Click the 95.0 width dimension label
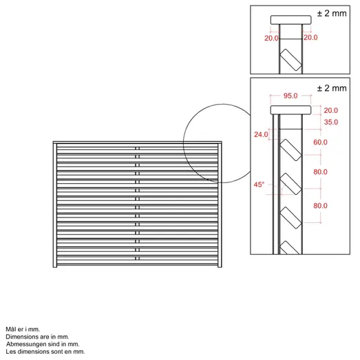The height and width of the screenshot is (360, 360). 290,96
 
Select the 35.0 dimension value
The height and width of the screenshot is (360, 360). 330,122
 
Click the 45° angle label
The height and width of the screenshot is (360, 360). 260,184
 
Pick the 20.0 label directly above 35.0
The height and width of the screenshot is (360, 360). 330,109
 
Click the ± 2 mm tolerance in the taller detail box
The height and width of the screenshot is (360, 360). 332,88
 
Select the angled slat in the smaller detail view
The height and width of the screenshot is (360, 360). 290,60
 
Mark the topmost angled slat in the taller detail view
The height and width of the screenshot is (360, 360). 290,151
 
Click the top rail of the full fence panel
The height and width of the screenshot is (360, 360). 138,143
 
